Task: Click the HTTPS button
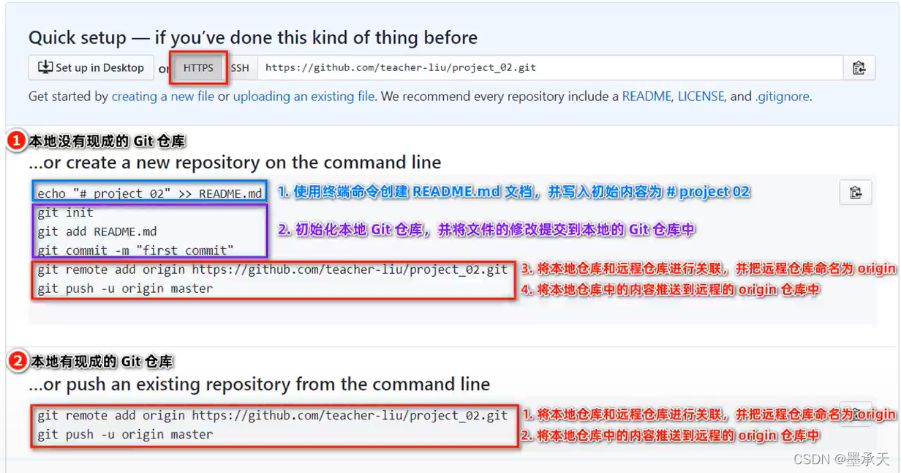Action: pos(198,68)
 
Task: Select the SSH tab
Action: pos(240,68)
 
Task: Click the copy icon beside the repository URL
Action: pos(859,68)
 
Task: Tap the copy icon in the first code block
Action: pos(856,193)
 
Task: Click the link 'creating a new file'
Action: pos(163,97)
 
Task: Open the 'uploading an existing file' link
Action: pos(304,97)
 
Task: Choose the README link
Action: pos(646,97)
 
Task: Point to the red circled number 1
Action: pos(17,141)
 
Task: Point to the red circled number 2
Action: pos(17,361)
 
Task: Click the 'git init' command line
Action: pos(66,213)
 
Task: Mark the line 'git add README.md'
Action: pos(97,231)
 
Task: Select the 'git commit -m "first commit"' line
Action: pos(136,250)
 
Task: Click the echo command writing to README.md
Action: pos(149,194)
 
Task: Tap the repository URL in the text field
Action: pos(401,67)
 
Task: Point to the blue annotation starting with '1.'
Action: pos(513,192)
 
